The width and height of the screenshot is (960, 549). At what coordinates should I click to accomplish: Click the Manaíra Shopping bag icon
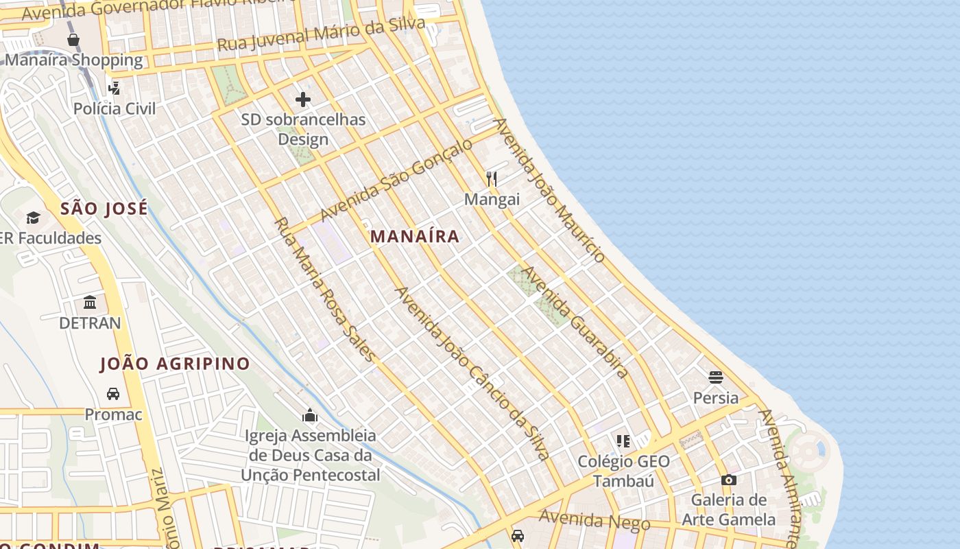click(73, 40)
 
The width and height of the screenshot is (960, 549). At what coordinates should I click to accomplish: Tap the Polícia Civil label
click(115, 108)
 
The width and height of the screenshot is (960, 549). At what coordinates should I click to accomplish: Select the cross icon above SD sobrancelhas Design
click(303, 100)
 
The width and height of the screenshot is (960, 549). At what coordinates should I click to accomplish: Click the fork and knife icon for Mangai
click(491, 179)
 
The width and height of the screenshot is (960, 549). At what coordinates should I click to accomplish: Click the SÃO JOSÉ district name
click(104, 209)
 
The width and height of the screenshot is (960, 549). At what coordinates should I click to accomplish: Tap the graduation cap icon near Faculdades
click(33, 218)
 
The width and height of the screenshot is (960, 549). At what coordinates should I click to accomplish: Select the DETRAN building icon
click(90, 302)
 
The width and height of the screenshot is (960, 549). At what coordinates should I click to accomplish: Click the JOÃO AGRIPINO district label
click(175, 364)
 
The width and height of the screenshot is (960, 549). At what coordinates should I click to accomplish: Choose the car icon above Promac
click(113, 394)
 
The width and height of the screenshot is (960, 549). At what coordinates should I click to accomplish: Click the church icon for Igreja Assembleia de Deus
click(310, 415)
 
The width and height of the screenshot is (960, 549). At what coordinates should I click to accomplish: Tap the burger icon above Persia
click(716, 377)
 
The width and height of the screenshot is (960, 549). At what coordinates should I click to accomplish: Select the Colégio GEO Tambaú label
click(623, 471)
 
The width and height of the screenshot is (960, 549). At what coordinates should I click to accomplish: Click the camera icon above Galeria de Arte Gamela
click(728, 480)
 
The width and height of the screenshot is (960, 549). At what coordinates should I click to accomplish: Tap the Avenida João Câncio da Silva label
click(472, 373)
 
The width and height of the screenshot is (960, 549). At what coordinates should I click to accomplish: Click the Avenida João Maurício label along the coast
click(549, 190)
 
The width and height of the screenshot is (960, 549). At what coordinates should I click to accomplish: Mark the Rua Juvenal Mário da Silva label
click(321, 35)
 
